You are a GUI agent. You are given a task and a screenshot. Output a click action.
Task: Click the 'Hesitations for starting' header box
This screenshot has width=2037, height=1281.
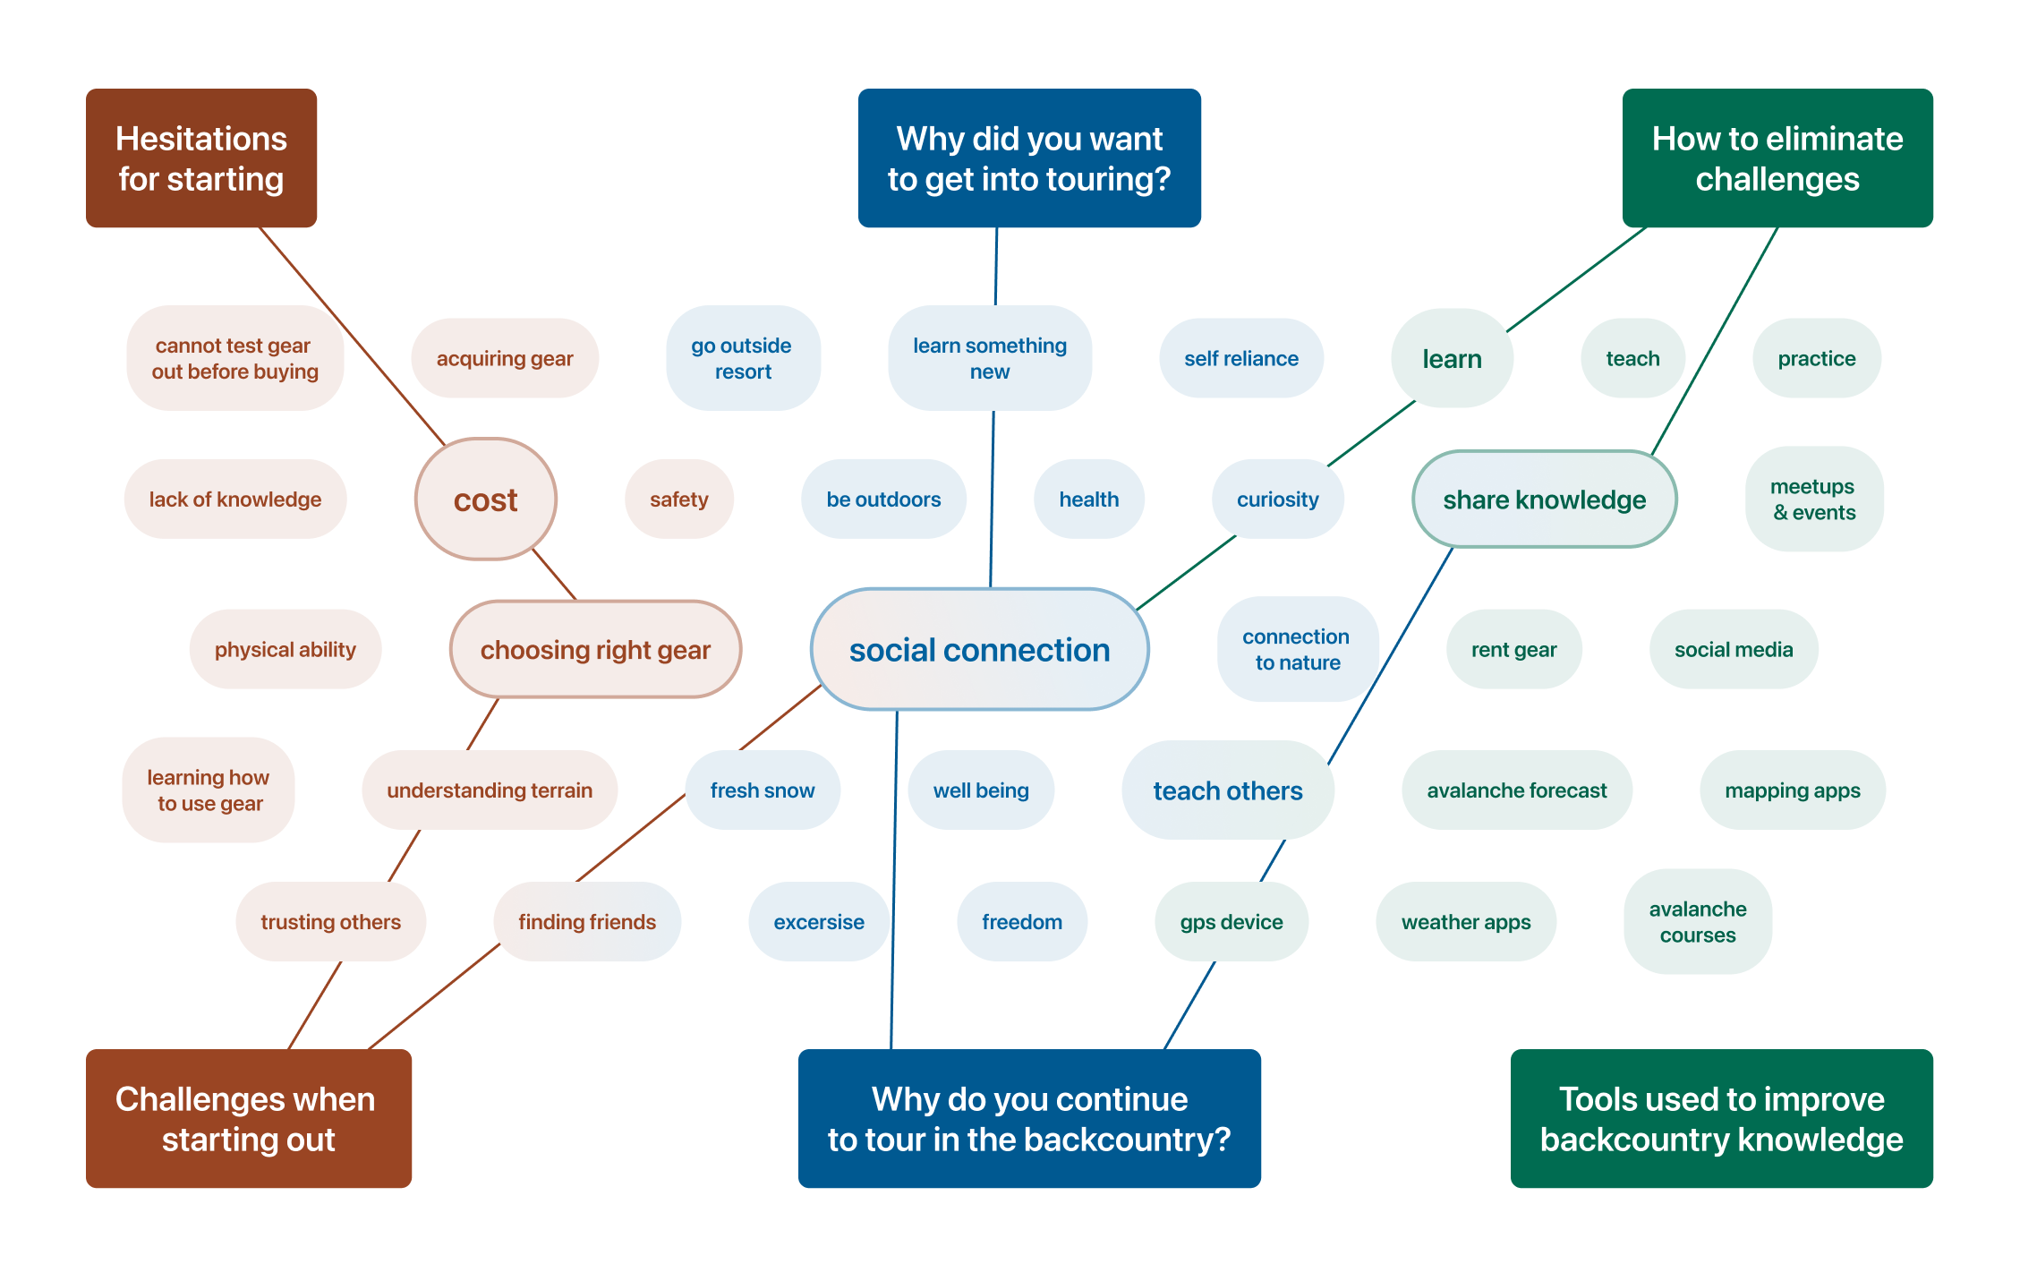pos(201,158)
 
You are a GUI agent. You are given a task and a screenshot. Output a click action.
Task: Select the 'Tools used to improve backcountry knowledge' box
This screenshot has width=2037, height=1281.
pos(1721,1118)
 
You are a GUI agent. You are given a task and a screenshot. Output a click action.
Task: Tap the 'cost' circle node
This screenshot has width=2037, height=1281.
pos(485,500)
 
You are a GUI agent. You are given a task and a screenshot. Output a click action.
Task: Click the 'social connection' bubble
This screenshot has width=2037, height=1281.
pos(979,650)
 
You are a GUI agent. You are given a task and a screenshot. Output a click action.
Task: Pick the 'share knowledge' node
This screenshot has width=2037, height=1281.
pos(1544,500)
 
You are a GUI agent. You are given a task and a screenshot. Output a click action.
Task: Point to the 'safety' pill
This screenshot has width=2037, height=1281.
pos(678,500)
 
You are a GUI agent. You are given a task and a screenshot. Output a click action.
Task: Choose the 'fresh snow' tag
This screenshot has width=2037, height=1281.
pos(762,790)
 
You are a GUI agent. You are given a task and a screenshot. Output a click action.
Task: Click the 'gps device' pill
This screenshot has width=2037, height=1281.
pos(1231,922)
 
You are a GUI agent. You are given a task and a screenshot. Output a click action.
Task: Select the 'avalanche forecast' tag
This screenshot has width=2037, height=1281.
pos(1516,790)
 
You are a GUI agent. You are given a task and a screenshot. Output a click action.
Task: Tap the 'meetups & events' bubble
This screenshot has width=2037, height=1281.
pos(1813,500)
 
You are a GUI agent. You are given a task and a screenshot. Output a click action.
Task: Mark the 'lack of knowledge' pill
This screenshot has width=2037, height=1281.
pos(234,500)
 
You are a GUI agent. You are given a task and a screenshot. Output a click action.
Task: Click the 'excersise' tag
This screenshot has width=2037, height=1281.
pos(818,922)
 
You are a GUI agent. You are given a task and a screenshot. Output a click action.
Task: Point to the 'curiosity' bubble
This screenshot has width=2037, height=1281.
pos(1277,500)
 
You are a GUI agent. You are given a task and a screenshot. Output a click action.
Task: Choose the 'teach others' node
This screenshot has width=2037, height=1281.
pos(1227,790)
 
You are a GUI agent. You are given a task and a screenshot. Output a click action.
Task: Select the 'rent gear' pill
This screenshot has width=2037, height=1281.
pos(1513,650)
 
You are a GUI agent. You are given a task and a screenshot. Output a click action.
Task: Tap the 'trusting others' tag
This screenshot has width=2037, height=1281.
pos(330,922)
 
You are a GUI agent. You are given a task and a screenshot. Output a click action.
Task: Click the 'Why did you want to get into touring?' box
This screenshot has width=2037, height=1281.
pos(1029,158)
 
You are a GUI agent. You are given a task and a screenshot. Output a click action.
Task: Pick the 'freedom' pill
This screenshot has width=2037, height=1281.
pos(1021,922)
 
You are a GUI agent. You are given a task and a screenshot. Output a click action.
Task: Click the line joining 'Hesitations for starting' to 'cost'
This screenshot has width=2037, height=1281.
pos(352,335)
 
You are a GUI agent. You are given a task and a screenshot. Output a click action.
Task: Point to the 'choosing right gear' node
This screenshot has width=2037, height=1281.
pos(595,650)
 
